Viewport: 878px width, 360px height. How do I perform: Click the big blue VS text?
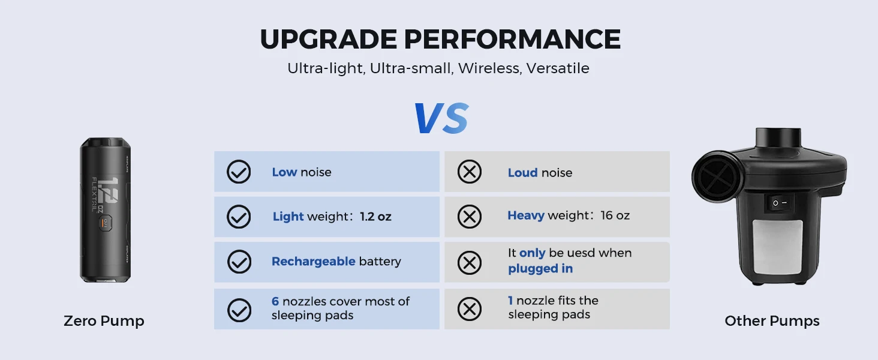click(441, 118)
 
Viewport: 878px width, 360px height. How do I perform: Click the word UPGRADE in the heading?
click(329, 39)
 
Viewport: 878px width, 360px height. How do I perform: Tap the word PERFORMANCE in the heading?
click(512, 39)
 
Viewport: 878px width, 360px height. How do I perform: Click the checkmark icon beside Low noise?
click(239, 172)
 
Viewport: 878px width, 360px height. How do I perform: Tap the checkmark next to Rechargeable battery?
click(239, 262)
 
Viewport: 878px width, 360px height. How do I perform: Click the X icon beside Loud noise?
click(469, 172)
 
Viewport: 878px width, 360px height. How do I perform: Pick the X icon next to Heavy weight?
click(469, 217)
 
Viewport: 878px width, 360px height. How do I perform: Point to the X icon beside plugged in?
click(469, 262)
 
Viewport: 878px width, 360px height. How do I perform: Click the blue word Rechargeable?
click(314, 262)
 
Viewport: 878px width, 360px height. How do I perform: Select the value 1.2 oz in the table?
click(375, 217)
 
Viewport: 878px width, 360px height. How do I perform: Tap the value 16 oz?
click(615, 215)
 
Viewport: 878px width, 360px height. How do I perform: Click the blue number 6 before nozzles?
click(275, 301)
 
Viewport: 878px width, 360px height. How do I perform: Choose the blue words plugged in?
click(540, 269)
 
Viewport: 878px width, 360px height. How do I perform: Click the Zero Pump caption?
click(104, 321)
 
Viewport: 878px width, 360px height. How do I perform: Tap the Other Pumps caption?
click(772, 321)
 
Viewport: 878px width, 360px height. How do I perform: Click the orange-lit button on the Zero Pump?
click(105, 223)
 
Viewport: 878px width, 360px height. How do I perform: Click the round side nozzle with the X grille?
click(717, 177)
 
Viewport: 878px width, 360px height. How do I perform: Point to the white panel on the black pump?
click(777, 247)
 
